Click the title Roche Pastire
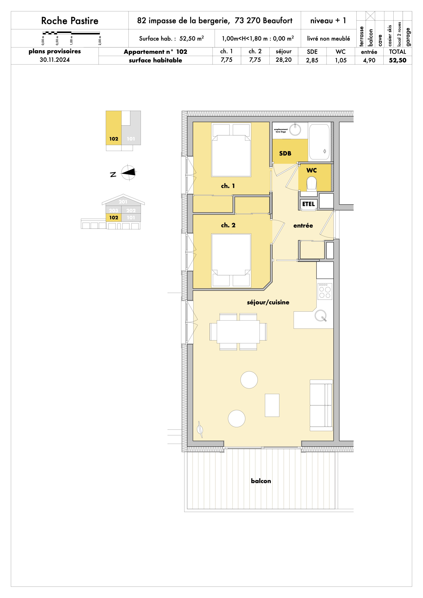(70, 21)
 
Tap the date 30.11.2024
(55, 60)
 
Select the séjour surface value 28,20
(283, 60)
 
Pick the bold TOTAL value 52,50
(397, 60)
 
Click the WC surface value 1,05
(341, 60)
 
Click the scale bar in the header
(71, 33)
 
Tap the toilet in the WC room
(312, 183)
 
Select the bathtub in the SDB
(319, 142)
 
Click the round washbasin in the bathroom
(295, 130)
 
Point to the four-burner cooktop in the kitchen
(325, 291)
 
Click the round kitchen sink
(320, 315)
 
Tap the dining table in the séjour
(238, 332)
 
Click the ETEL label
(308, 204)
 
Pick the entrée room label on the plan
(303, 226)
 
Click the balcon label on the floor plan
(261, 481)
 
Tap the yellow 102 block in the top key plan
(114, 128)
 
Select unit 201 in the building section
(123, 202)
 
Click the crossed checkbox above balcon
(370, 16)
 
